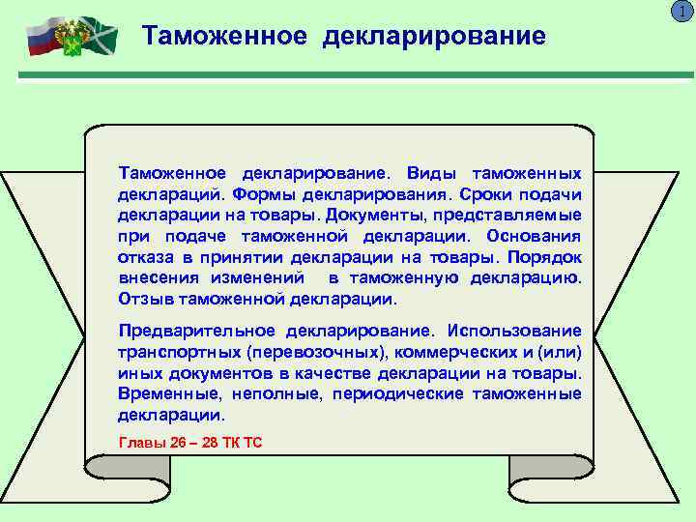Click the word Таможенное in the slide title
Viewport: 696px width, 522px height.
pyautogui.click(x=224, y=36)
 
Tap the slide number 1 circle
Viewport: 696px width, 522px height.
pyautogui.click(x=684, y=11)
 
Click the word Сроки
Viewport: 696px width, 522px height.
pyautogui.click(x=489, y=193)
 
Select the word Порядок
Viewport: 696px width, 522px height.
pyautogui.click(x=547, y=257)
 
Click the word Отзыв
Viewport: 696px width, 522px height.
pyautogui.click(x=139, y=299)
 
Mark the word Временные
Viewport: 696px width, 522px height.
pyautogui.click(x=159, y=393)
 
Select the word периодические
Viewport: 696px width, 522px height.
pyautogui.click(x=398, y=393)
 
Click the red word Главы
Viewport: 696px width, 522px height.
pyautogui.click(x=140, y=443)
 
